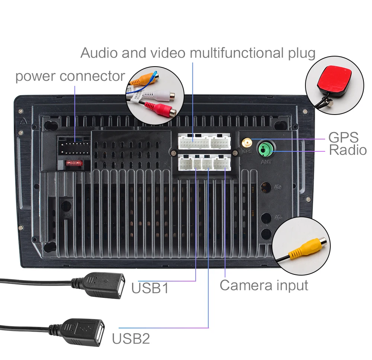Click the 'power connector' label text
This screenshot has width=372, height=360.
click(x=70, y=76)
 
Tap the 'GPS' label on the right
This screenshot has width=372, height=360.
click(x=343, y=137)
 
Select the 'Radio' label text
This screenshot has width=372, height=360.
click(x=348, y=150)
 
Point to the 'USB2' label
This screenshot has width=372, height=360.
click(x=131, y=338)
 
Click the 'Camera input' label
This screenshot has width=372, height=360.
click(x=264, y=285)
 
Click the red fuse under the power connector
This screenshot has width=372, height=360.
click(x=73, y=163)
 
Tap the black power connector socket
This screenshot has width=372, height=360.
click(x=74, y=147)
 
